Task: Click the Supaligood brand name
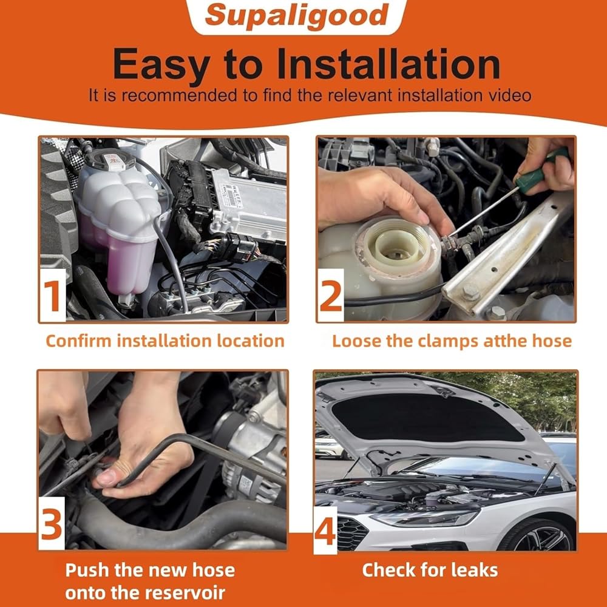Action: pyautogui.click(x=297, y=16)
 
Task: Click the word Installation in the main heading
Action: pyautogui.click(x=388, y=64)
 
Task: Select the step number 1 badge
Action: pyautogui.click(x=53, y=296)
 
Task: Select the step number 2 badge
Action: pyautogui.click(x=331, y=296)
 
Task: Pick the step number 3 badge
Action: pyautogui.click(x=52, y=524)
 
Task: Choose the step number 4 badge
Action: pyautogui.click(x=325, y=531)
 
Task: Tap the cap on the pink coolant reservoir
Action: pyautogui.click(x=109, y=159)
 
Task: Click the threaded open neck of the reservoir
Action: pyautogui.click(x=397, y=246)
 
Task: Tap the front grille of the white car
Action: pyautogui.click(x=351, y=532)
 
